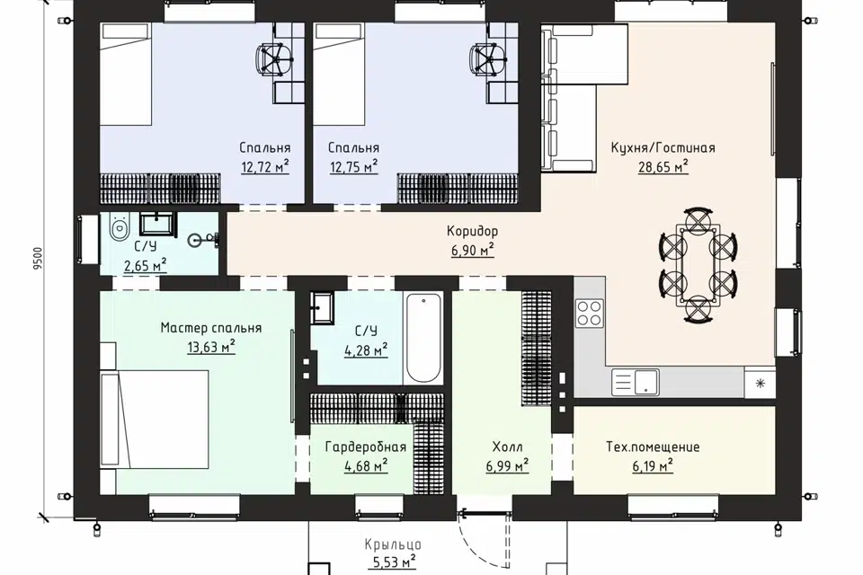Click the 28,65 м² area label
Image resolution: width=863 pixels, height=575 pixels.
coord(663,166)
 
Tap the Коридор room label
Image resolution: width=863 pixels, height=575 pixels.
coord(472,231)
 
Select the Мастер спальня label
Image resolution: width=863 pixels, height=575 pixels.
coord(210,328)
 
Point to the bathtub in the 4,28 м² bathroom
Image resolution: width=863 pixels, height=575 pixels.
coord(423,338)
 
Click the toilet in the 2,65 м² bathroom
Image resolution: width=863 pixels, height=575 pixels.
coord(119,227)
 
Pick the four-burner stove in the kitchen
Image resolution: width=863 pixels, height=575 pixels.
coord(590,313)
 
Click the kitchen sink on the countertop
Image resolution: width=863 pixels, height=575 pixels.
coord(636,382)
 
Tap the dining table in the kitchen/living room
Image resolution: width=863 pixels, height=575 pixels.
coord(698,264)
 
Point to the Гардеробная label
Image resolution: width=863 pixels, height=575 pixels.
coord(366,447)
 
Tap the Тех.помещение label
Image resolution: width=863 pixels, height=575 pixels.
coord(653,447)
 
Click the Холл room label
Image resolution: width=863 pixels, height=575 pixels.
coord(507,447)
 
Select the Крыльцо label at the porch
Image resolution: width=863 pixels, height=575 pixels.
coord(393,544)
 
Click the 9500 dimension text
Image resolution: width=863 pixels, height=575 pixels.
coord(38,258)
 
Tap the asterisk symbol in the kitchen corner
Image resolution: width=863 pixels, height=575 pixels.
coord(761,383)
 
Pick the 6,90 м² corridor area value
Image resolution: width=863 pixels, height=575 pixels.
coord(472,251)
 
